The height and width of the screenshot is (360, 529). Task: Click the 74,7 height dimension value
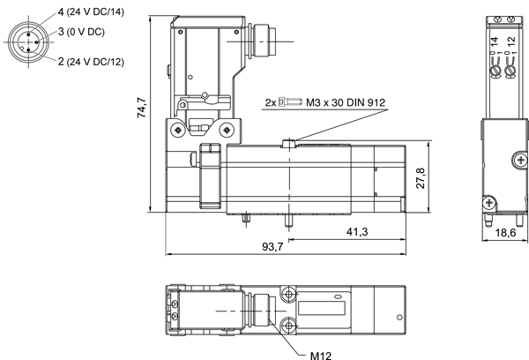pyautogui.click(x=142, y=108)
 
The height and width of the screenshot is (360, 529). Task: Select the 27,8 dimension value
pyautogui.click(x=421, y=178)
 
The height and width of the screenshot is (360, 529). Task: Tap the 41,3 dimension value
pyautogui.click(x=357, y=232)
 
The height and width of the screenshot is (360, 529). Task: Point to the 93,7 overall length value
pyautogui.click(x=273, y=247)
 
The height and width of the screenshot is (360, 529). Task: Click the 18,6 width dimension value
pyautogui.click(x=505, y=233)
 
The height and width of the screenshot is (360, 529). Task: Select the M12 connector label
pyautogui.click(x=321, y=356)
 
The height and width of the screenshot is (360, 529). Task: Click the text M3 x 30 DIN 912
pyautogui.click(x=346, y=102)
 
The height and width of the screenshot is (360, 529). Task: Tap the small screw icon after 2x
pyautogui.click(x=290, y=101)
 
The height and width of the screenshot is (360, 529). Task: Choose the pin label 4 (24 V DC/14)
pyautogui.click(x=91, y=12)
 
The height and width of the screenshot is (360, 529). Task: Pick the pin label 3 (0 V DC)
pyautogui.click(x=81, y=32)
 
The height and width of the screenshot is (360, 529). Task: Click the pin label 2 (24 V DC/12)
pyautogui.click(x=91, y=62)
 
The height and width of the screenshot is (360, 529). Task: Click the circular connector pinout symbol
pyautogui.click(x=28, y=42)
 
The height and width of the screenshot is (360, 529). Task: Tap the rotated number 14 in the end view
pyautogui.click(x=494, y=41)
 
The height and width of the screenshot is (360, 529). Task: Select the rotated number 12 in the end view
pyautogui.click(x=511, y=41)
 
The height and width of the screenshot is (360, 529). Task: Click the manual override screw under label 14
pyautogui.click(x=495, y=71)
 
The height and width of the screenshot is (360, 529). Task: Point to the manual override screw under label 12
pyautogui.click(x=510, y=71)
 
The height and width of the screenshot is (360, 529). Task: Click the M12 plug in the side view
pyautogui.click(x=263, y=41)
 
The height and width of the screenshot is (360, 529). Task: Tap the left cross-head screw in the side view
pyautogui.click(x=178, y=130)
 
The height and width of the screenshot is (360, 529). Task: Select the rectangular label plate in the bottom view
pyautogui.click(x=322, y=308)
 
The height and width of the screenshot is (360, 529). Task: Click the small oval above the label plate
pyautogui.click(x=338, y=296)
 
